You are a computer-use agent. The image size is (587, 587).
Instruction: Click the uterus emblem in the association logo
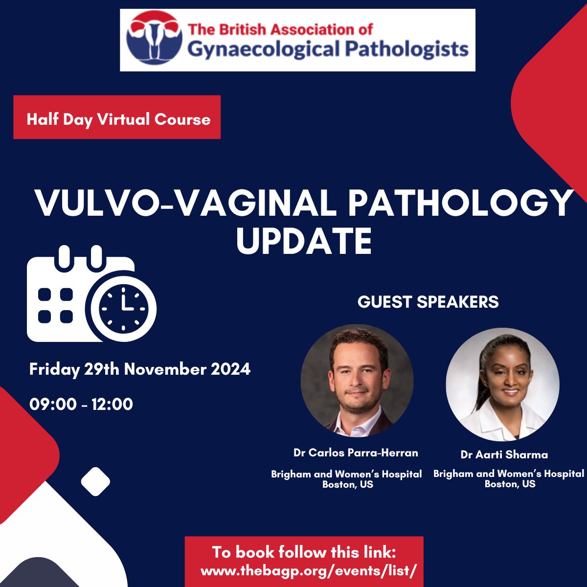[153, 39]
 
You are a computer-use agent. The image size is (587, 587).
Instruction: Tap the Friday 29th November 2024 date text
[140, 369]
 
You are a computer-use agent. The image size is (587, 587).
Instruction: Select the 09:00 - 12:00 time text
[81, 404]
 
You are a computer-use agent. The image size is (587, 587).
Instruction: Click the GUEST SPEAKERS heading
[428, 302]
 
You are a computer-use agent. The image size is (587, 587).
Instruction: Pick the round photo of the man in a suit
[357, 380]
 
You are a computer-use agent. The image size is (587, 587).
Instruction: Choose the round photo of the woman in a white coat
[502, 384]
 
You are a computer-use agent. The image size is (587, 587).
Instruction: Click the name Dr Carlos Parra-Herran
[356, 452]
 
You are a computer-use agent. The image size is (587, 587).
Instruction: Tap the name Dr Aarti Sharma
[504, 454]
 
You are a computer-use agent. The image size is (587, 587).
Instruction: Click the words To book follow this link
[304, 552]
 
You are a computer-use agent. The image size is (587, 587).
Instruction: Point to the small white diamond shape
[95, 481]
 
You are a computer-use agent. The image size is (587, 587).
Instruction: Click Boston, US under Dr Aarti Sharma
[510, 484]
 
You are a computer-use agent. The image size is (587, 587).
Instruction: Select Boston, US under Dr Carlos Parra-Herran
[347, 484]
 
